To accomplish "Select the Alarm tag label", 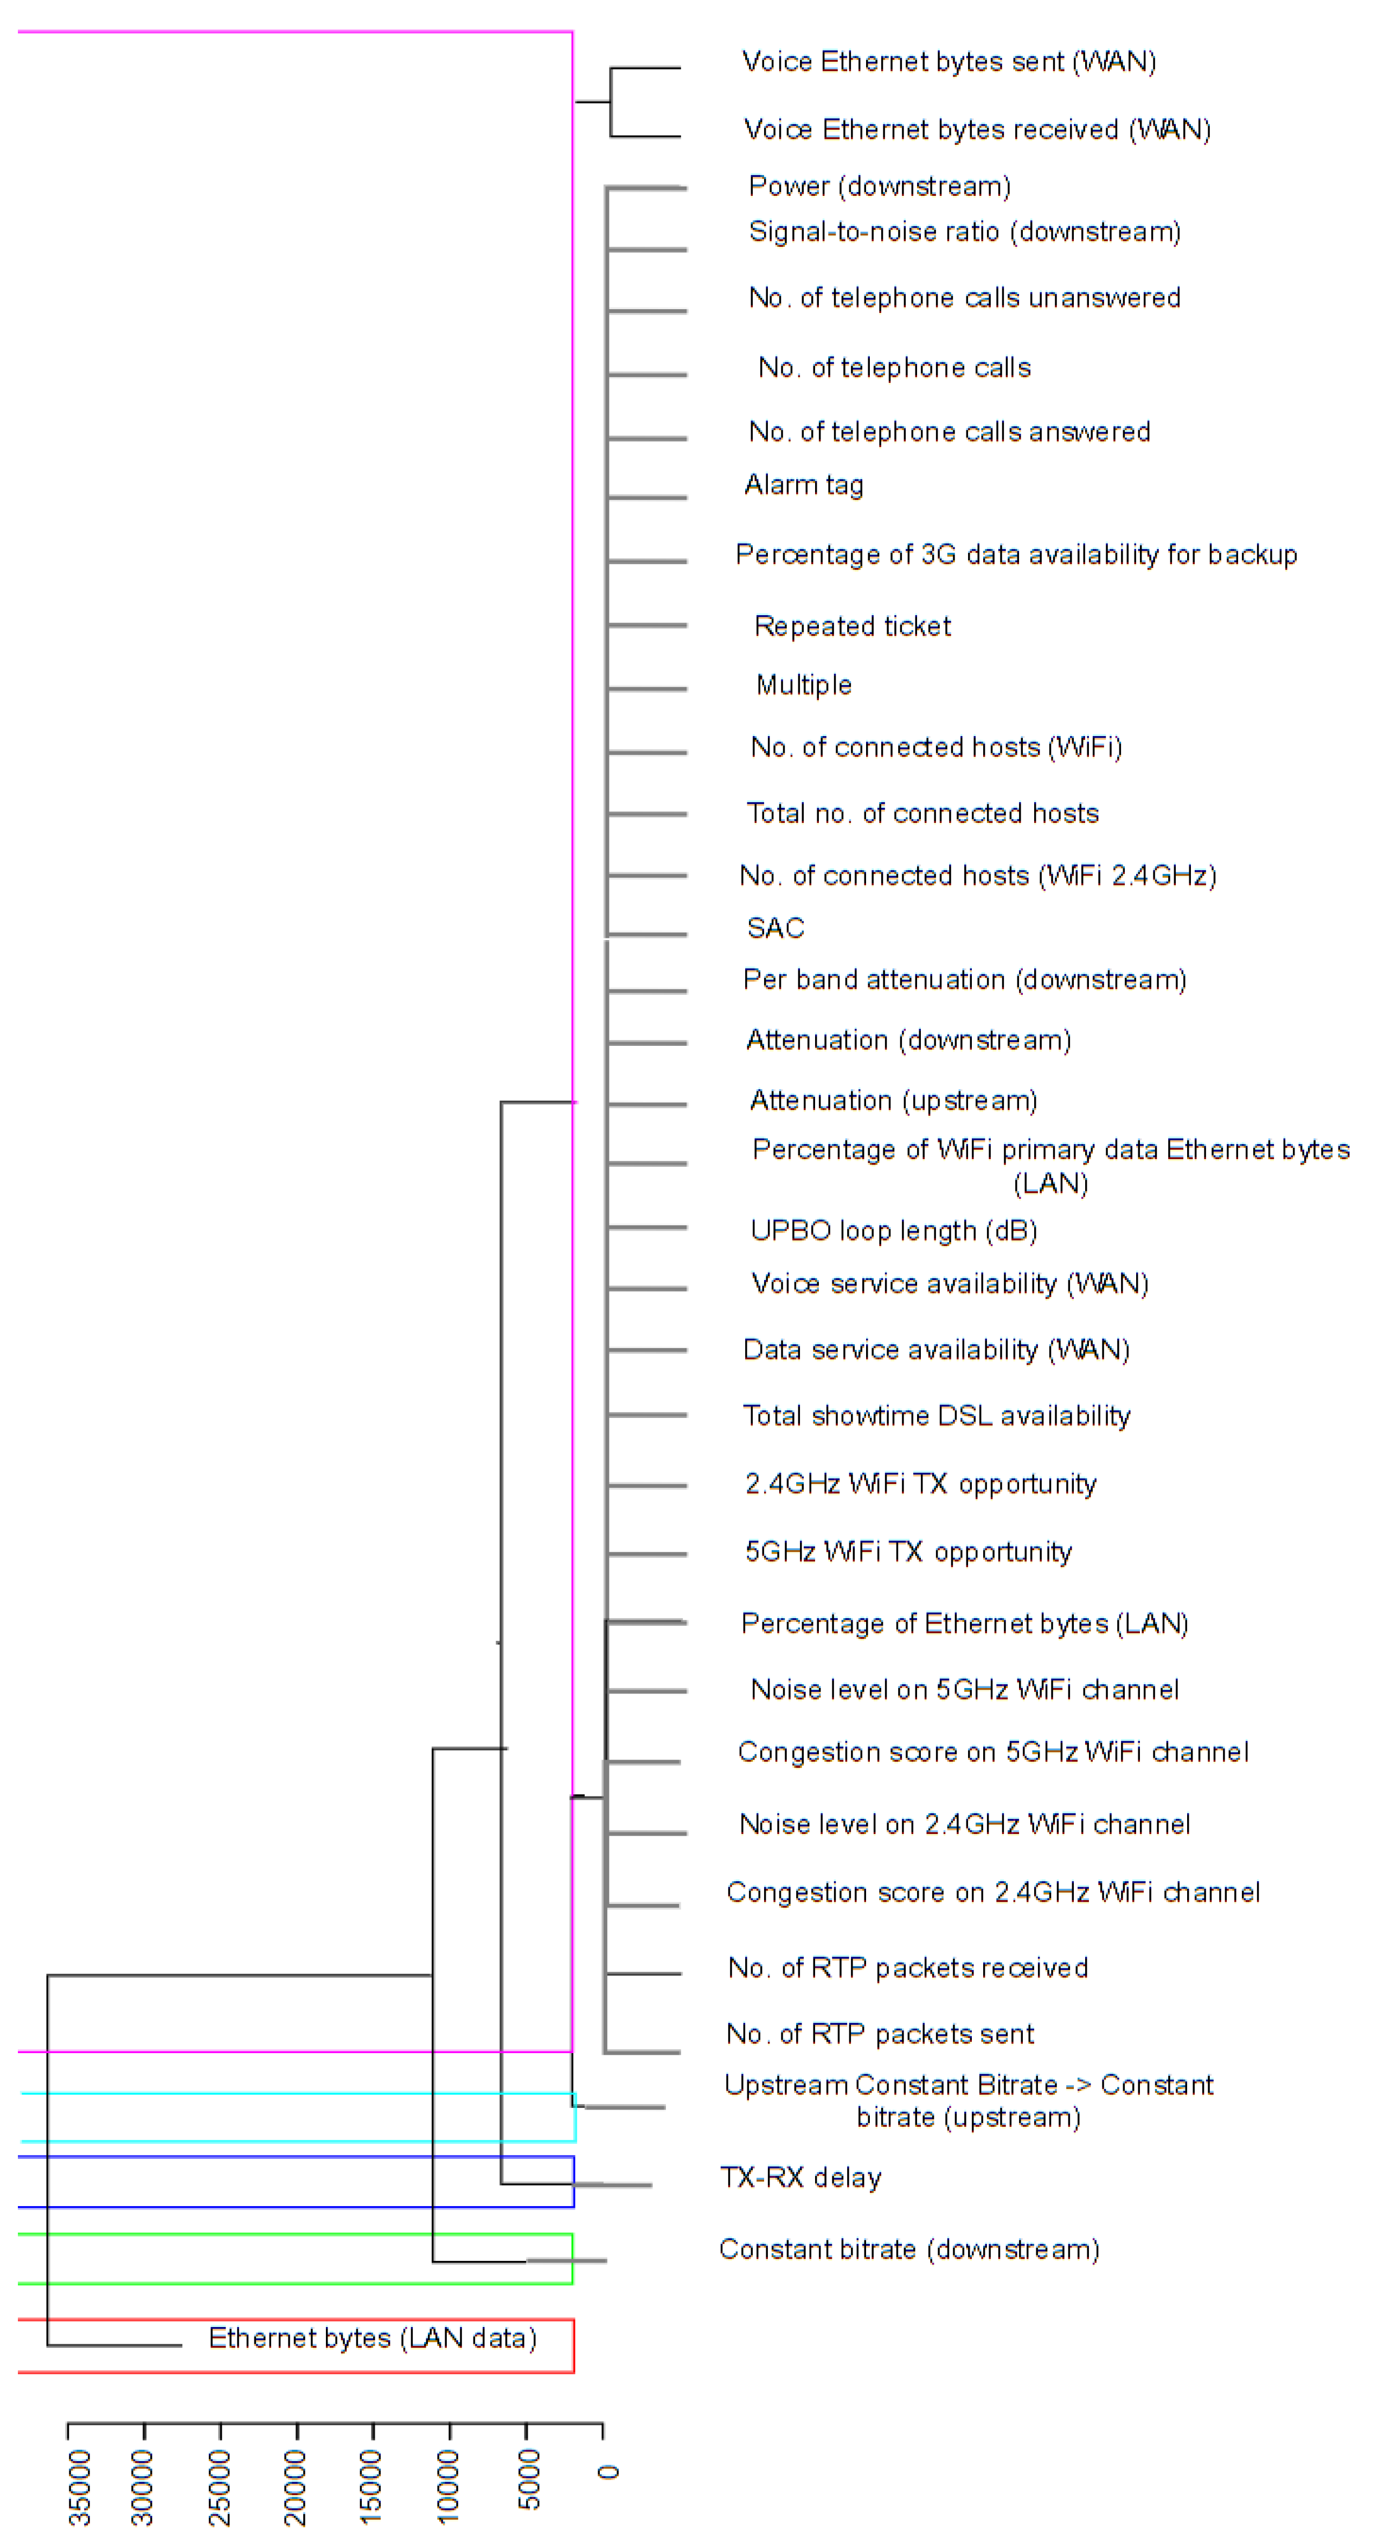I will (x=804, y=485).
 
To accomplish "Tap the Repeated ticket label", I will (x=852, y=626).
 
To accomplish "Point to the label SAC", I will (x=775, y=928).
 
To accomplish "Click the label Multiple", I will (x=804, y=686).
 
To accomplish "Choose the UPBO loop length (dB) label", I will (x=894, y=1231).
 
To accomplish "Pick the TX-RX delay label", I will (x=800, y=2178).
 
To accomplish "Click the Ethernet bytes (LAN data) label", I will (x=372, y=2337).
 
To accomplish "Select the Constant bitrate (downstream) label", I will (x=908, y=2249).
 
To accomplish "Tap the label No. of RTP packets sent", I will (x=880, y=2034).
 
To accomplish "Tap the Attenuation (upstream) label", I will (x=893, y=1100).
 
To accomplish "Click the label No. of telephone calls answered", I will (x=949, y=432).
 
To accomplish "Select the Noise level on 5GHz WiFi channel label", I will (x=964, y=1690).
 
